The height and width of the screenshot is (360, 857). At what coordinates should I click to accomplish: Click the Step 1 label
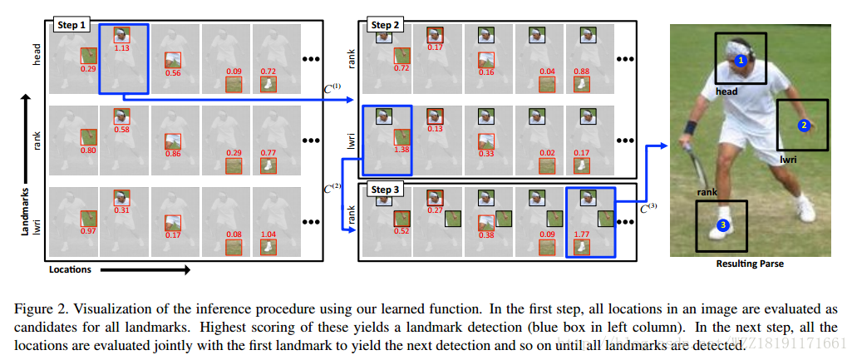(71, 26)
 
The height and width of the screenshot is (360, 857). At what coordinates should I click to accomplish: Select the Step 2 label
(384, 26)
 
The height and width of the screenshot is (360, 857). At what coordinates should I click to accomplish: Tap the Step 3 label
(384, 190)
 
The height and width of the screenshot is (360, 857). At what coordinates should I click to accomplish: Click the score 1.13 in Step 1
(122, 47)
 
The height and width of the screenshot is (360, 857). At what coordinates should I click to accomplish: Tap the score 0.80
(88, 150)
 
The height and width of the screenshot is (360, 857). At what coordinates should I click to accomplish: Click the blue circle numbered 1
(741, 60)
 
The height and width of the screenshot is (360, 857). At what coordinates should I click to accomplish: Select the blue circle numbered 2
(803, 126)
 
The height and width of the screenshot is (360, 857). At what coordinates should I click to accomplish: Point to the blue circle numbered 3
(723, 224)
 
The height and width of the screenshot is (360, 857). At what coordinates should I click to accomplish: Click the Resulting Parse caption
(749, 264)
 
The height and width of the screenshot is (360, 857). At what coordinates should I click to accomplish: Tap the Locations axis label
(71, 269)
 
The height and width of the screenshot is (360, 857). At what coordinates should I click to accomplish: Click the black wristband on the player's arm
(691, 129)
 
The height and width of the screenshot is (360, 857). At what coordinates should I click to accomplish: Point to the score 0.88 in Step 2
(581, 70)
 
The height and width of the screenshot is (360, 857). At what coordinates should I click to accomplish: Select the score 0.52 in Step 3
(401, 230)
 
